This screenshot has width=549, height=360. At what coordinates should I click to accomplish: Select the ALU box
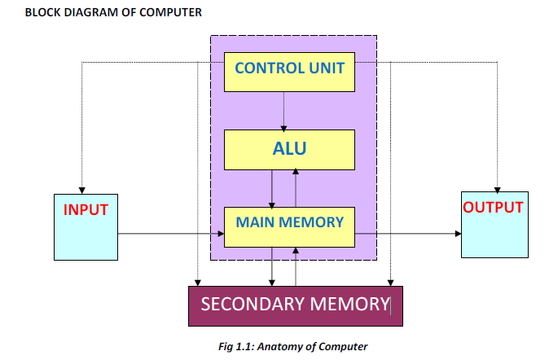[289, 148]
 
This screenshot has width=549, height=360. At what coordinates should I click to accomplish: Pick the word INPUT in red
[86, 209]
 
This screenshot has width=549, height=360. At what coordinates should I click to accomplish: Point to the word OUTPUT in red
[493, 207]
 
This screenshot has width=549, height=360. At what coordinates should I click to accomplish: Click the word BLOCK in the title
[42, 13]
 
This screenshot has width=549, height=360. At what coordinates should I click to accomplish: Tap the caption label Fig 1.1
[237, 347]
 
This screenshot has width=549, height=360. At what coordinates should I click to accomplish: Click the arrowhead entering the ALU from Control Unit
[283, 126]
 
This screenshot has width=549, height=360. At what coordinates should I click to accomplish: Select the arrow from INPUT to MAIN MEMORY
[171, 235]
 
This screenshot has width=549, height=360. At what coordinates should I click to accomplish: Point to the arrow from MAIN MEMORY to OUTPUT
[407, 235]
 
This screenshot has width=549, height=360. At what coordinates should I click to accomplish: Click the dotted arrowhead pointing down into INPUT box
[81, 188]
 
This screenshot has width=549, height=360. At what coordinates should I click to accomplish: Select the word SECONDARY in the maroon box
[251, 305]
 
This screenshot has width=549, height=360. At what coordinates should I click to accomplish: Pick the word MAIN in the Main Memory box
[254, 221]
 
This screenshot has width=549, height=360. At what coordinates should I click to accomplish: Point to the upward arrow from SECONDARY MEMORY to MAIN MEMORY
[296, 266]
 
